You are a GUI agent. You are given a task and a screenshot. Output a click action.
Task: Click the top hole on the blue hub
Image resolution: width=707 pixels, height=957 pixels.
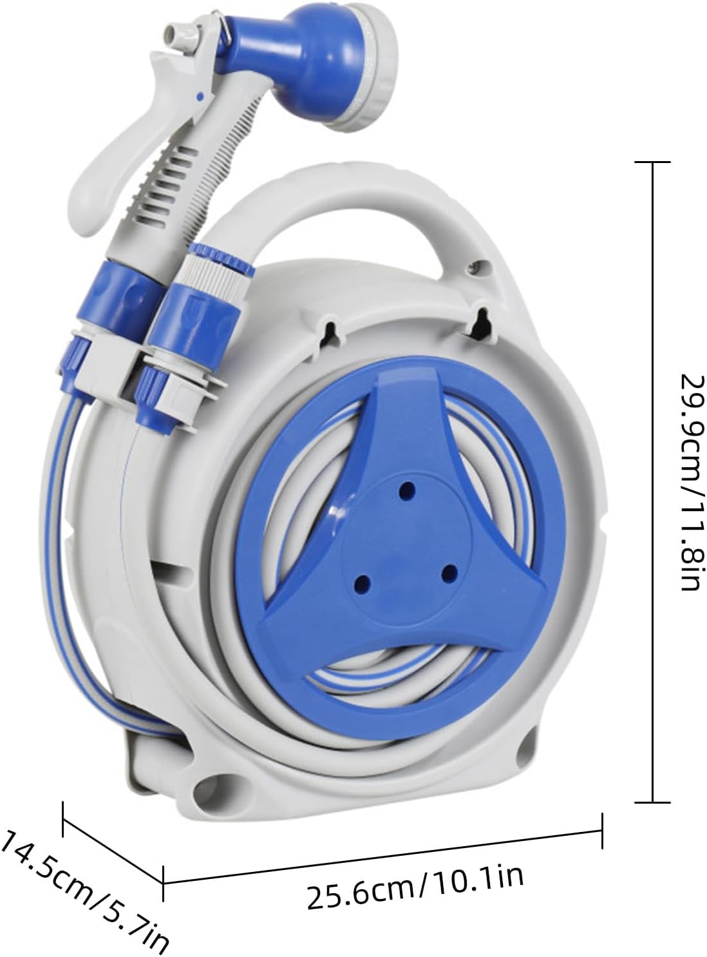coord(407,490)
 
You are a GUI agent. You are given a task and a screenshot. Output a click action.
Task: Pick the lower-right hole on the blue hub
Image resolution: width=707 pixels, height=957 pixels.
coord(450,572)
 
